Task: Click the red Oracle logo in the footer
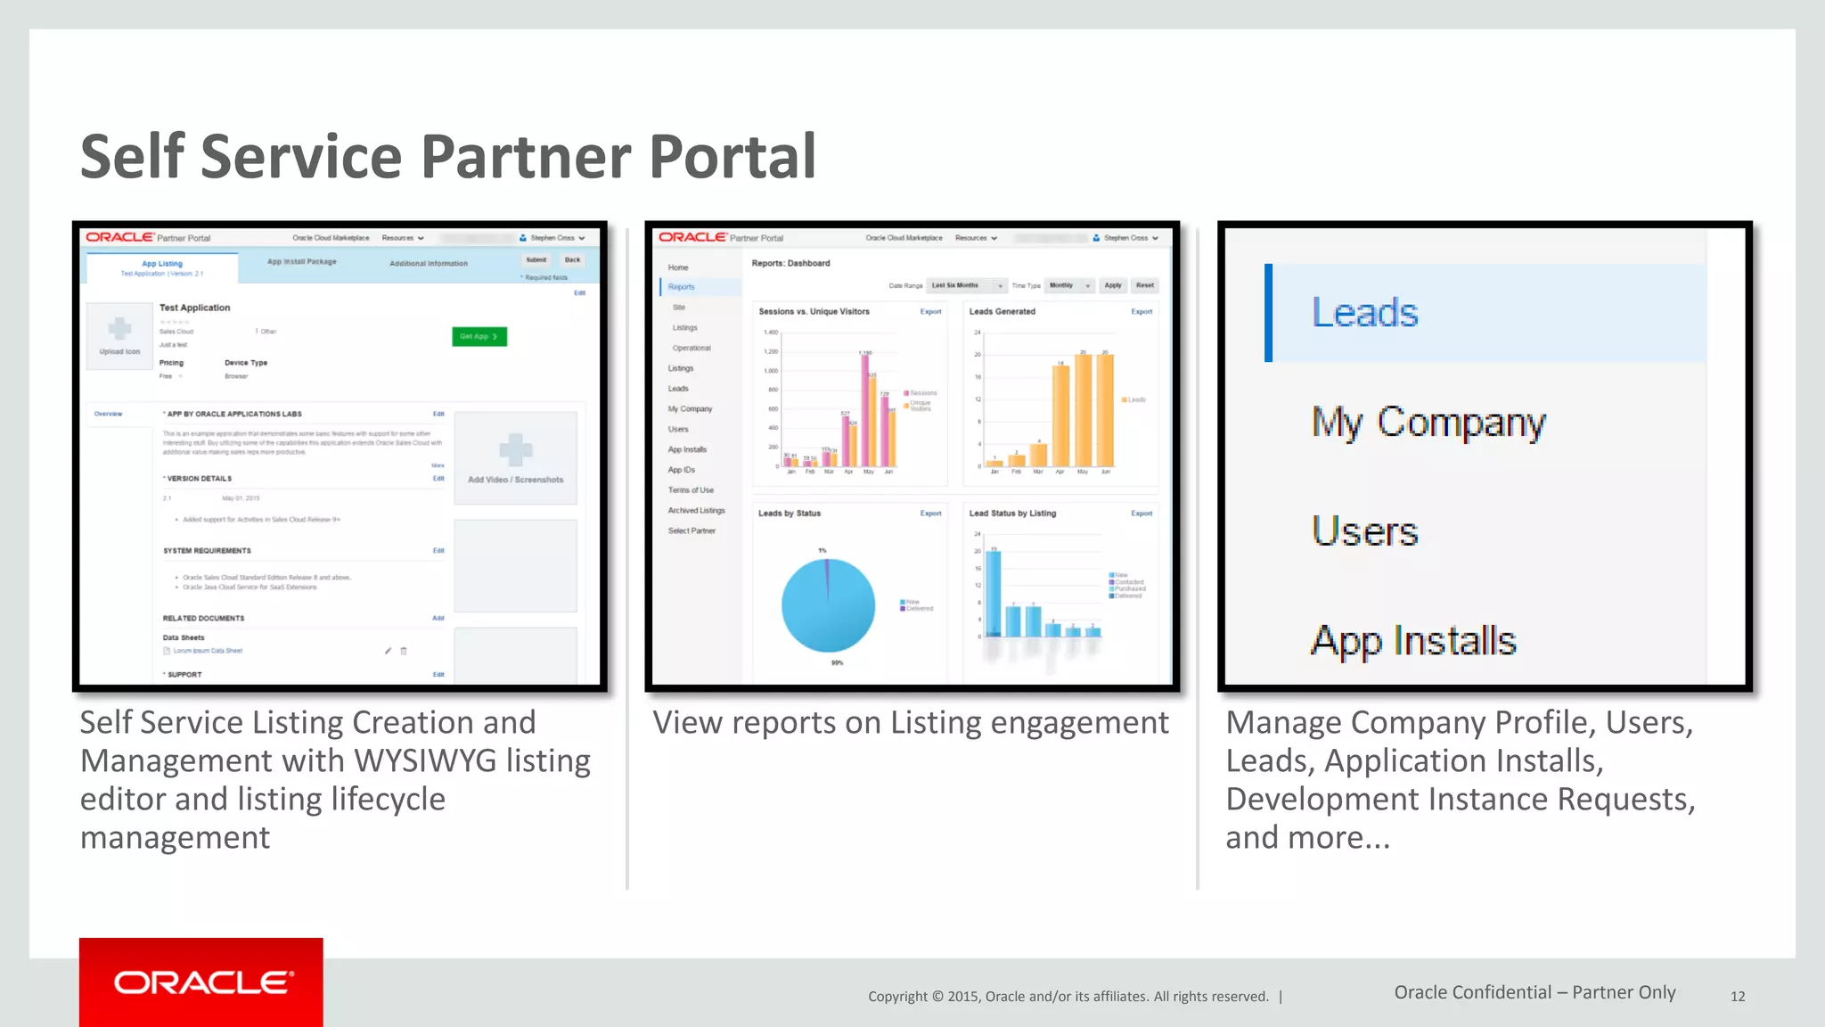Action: [x=201, y=982]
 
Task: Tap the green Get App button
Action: [x=479, y=336]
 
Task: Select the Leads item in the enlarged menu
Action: [x=1364, y=313]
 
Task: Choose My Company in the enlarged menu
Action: [x=1428, y=422]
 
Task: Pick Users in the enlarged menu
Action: [x=1364, y=531]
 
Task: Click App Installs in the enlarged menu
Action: [x=1413, y=641]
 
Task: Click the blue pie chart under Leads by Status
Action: [x=828, y=606]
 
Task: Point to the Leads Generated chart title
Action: [x=1002, y=312]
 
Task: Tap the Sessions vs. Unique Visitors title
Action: [x=814, y=312]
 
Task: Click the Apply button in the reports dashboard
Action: [x=1113, y=285]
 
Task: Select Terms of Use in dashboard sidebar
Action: [x=691, y=490]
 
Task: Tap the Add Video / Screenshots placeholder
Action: [x=515, y=458]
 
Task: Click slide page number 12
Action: [x=1737, y=997]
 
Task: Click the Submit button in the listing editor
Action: [x=536, y=260]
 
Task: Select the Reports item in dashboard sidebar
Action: [x=681, y=287]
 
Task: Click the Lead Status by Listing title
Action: [x=1012, y=513]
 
